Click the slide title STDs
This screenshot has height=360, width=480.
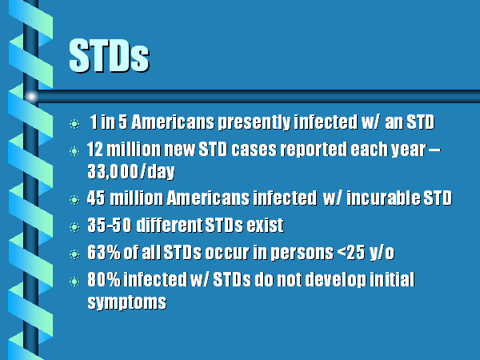tap(109, 56)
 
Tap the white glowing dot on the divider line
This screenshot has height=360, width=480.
tap(31, 97)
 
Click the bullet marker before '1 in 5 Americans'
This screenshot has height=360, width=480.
tap(74, 124)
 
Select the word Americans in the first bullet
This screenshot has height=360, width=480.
tap(173, 122)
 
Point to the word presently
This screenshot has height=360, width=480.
tap(254, 122)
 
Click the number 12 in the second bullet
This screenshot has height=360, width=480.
tap(95, 150)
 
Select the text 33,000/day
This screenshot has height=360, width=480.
tap(131, 171)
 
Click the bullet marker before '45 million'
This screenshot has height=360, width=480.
tap(74, 200)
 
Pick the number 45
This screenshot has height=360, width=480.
tap(96, 198)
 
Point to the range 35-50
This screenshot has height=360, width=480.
tap(110, 226)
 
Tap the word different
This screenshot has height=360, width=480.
tap(169, 226)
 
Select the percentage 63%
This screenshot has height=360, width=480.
tap(104, 253)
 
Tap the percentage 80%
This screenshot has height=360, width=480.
tap(104, 279)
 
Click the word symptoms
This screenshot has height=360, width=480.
tap(126, 302)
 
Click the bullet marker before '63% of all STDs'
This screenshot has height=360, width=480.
tap(74, 254)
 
